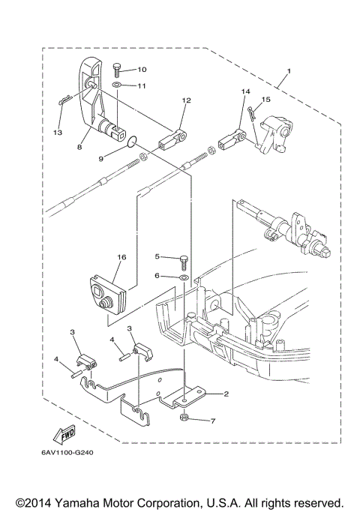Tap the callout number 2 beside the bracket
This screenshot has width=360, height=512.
224,394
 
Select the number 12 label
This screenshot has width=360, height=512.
186,100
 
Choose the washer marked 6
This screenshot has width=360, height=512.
182,277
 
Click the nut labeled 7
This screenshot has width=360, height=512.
184,420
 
